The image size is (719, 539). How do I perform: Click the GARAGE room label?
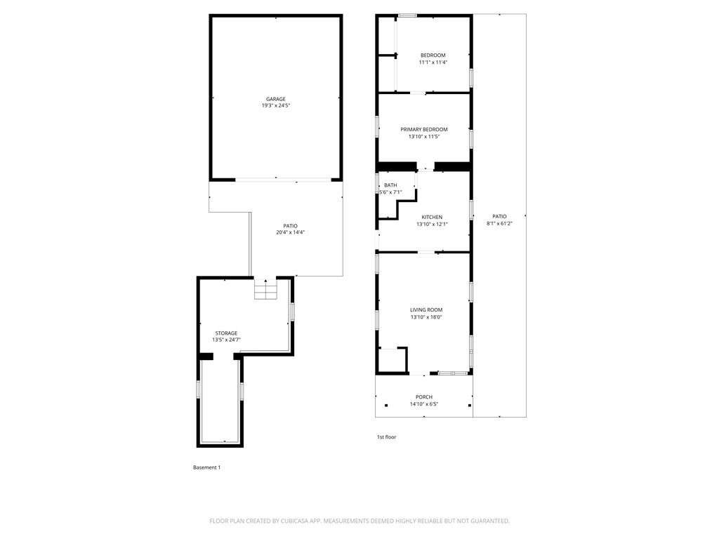[275, 99]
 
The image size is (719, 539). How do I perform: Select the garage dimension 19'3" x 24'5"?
[275, 105]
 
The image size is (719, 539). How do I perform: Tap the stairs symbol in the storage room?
[266, 288]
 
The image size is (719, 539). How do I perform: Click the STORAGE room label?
[227, 333]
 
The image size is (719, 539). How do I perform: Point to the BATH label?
[390, 185]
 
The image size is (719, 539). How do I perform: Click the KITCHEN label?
[432, 218]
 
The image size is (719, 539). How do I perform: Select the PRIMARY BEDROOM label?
[424, 130]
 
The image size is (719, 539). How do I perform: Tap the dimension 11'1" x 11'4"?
[433, 62]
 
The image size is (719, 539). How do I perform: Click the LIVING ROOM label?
[426, 310]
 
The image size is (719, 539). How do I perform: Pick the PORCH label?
[424, 397]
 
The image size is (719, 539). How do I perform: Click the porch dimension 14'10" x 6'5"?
[424, 404]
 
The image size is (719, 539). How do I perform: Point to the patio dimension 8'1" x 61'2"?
[499, 224]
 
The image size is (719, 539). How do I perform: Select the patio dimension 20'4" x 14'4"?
[290, 232]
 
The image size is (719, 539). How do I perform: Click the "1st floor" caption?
[387, 437]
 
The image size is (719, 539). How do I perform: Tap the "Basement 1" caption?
[207, 467]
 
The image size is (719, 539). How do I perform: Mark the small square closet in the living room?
[393, 359]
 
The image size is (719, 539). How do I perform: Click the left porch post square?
[387, 405]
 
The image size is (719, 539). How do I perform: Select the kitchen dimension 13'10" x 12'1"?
[432, 225]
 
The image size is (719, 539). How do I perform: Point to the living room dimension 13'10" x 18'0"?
[426, 317]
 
